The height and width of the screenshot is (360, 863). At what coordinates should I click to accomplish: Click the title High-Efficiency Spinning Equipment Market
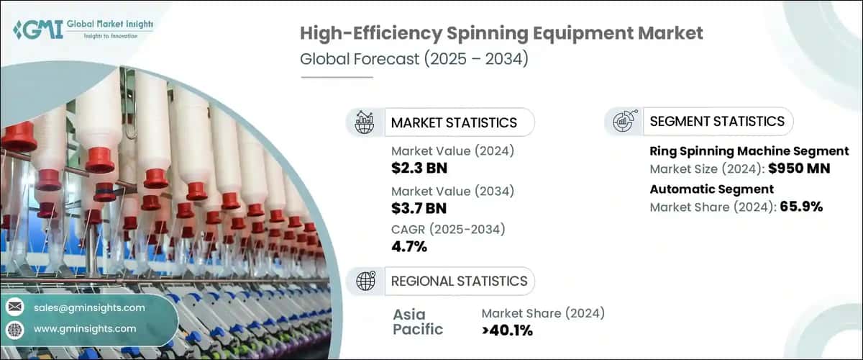coord(501,34)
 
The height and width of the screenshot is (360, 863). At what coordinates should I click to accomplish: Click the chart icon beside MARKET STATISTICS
coord(365,122)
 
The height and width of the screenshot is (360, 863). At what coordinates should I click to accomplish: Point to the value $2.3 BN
coord(419,169)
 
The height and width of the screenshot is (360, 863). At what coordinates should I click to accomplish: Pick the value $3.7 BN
coord(419,210)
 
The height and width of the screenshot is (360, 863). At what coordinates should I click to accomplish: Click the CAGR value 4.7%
coord(409,248)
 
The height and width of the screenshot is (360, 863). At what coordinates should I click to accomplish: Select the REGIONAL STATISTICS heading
coord(459,281)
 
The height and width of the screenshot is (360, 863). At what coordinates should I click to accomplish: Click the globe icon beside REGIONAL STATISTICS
coord(365,281)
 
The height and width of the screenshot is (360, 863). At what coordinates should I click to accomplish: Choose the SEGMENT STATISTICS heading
coord(717,121)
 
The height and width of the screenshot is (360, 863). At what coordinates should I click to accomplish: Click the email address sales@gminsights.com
coord(89,307)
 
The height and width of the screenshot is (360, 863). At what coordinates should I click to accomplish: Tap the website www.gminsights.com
coord(85,329)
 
